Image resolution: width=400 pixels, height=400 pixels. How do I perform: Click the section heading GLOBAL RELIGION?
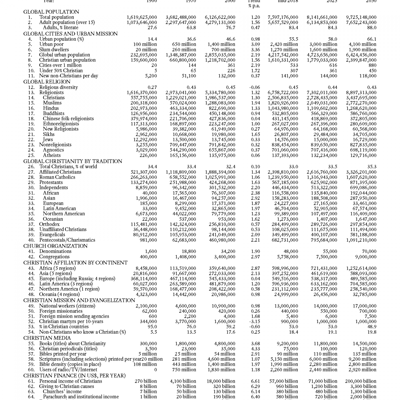click(x=47, y=82)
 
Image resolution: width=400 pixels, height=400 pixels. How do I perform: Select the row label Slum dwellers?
click(x=54, y=50)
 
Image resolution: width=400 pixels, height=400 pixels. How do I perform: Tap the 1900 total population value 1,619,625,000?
click(x=142, y=17)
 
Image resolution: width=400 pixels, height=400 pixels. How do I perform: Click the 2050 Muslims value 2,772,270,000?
click(x=361, y=103)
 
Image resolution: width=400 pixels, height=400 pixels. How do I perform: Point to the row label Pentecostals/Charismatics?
click(x=67, y=240)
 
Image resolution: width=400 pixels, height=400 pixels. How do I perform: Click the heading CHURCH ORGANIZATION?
click(x=55, y=246)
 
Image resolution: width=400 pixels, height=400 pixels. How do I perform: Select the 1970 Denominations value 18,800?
click(x=189, y=251)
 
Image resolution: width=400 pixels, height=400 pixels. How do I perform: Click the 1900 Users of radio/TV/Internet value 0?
click(x=155, y=370)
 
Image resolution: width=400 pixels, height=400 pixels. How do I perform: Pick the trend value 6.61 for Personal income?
click(x=255, y=381)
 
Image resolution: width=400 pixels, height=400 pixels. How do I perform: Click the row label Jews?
click(x=48, y=140)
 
